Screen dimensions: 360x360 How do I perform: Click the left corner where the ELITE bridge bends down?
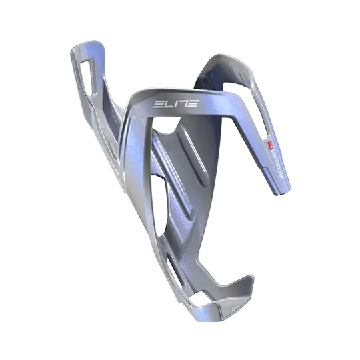(137, 110)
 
